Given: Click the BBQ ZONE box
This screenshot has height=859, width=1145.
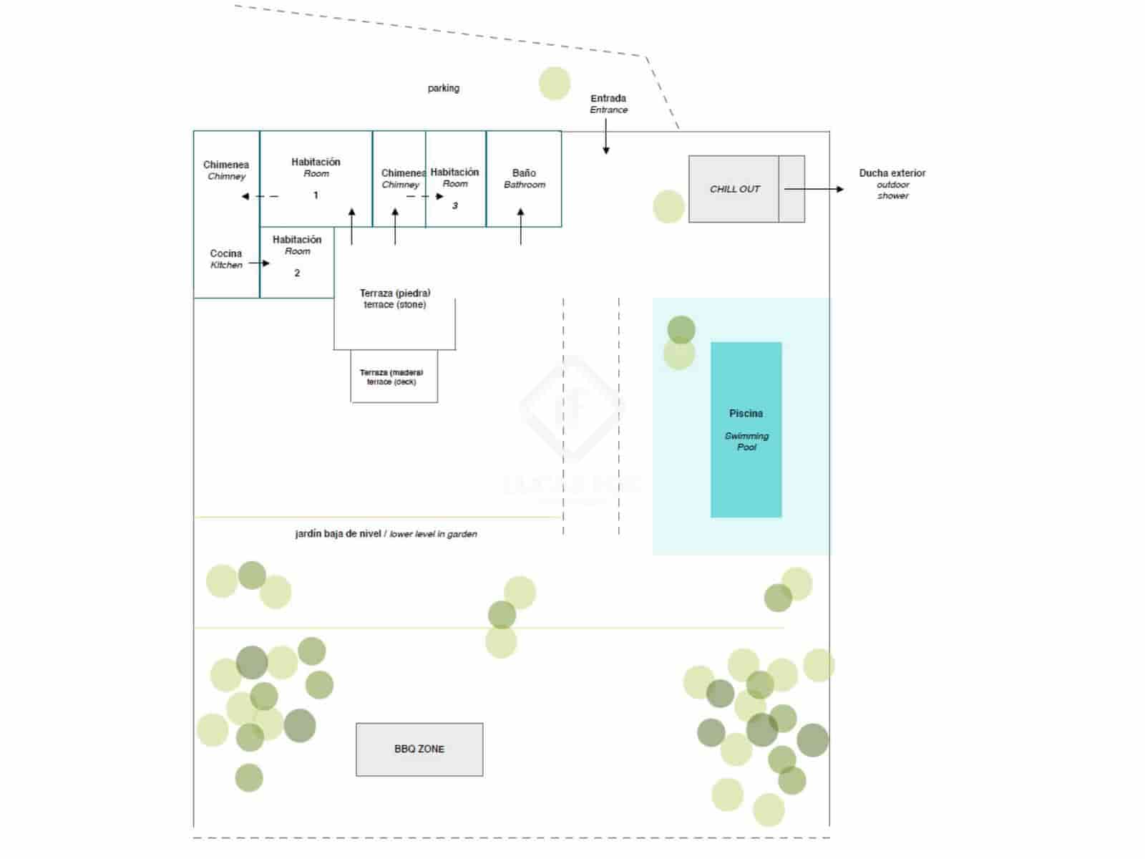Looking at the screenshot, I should pos(419,749).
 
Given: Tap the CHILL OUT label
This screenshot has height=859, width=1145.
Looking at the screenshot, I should pos(734,189).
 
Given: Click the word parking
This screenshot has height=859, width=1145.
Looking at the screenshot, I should pos(444,88).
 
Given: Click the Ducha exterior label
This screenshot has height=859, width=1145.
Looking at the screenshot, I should pos(892,173).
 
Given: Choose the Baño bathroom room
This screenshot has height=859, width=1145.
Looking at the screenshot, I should pos(524,179).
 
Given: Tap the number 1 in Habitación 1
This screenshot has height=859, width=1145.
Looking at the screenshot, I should pos(316,195).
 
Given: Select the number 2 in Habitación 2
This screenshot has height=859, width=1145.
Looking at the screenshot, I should pos(297,273).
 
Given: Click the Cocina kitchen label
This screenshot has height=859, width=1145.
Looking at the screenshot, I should pos(226,258).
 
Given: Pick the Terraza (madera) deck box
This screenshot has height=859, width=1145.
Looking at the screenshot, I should pos(394,377).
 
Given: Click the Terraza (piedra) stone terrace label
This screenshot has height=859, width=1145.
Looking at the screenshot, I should pos(395,299).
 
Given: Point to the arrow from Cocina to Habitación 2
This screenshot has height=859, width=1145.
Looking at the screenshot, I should pos(259,263).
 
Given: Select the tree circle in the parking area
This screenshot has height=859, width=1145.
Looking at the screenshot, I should pos(555,83).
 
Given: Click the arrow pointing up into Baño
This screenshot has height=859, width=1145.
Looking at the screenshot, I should pos(520,226).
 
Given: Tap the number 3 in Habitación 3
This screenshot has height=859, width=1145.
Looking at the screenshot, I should pos(454,206).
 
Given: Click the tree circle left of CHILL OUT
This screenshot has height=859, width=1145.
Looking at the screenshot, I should pos(668,206).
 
